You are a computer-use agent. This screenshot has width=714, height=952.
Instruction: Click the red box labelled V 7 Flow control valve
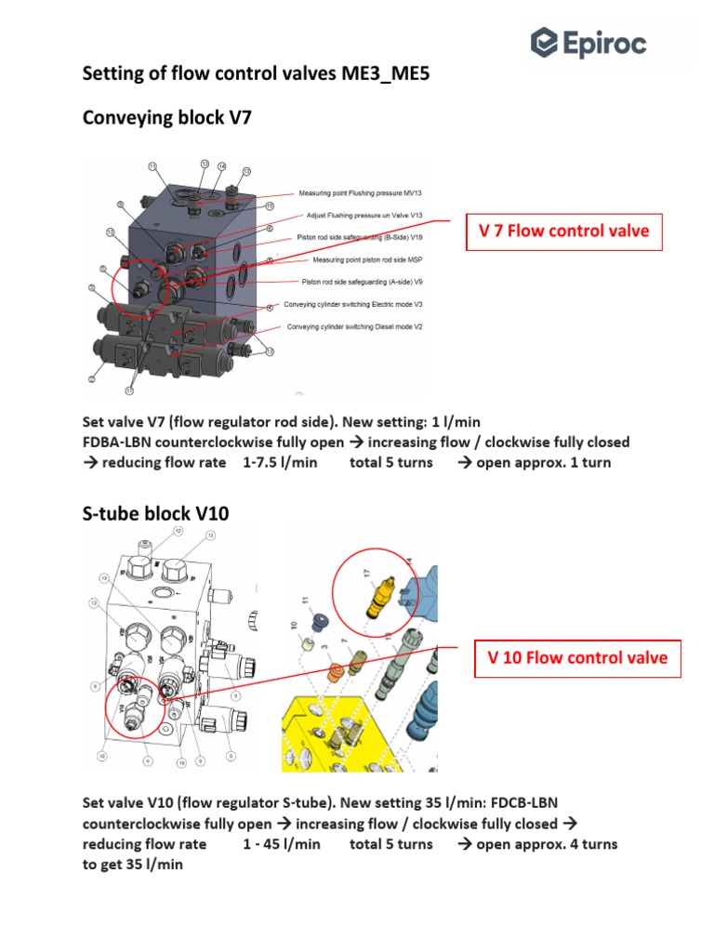pyautogui.click(x=564, y=231)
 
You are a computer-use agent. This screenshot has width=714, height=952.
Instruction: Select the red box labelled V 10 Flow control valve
pyautogui.click(x=577, y=658)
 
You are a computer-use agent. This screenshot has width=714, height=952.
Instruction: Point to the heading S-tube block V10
pyautogui.click(x=155, y=512)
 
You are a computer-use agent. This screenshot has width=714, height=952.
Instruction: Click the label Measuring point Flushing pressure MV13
pyautogui.click(x=360, y=193)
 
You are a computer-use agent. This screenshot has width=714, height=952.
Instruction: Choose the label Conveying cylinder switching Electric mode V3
pyautogui.click(x=355, y=304)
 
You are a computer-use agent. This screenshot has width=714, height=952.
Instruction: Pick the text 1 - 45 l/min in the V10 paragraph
pyautogui.click(x=282, y=844)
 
